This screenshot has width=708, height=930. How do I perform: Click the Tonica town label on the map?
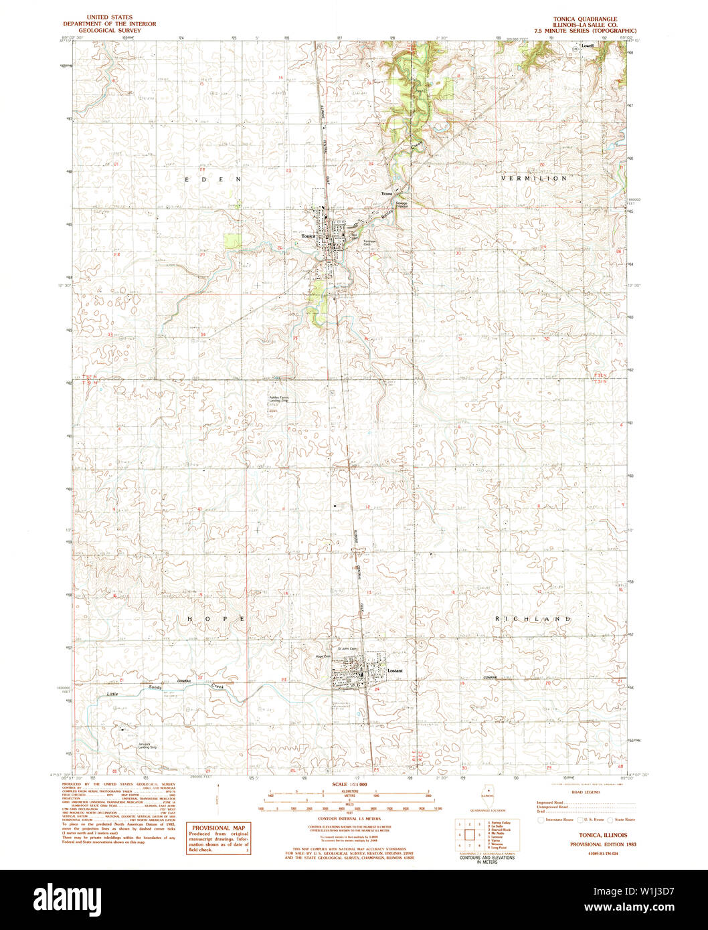(308, 236)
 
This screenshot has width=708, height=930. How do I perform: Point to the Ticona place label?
(386, 193)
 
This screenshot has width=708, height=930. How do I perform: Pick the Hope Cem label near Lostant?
(323, 656)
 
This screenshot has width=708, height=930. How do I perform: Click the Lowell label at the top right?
(588, 46)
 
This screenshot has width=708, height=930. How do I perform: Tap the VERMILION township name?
(534, 179)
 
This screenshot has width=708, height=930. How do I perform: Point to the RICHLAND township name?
(533, 619)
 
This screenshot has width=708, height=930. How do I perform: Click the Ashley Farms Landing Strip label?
(279, 399)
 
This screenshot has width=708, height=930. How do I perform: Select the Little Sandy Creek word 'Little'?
(114, 694)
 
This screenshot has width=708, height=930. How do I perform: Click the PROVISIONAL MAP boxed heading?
(217, 828)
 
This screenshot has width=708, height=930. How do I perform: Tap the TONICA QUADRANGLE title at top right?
(585, 18)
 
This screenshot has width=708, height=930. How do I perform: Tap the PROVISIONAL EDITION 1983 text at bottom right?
(598, 844)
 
